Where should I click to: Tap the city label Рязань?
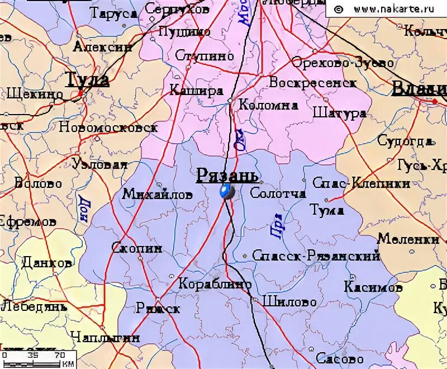coord(227,176)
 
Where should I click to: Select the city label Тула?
coord(87,80)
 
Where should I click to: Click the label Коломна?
coord(268,105)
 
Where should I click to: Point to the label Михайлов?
coord(157,194)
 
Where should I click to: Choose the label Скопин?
coord(137,247)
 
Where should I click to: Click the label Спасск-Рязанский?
coord(316,256)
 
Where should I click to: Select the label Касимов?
coord(373,287)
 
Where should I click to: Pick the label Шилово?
coord(289,301)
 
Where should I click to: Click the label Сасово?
coord(337,357)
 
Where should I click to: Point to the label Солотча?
coord(278,193)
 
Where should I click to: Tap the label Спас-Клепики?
coord(361,183)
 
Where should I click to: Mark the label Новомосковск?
coord(108,127)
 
